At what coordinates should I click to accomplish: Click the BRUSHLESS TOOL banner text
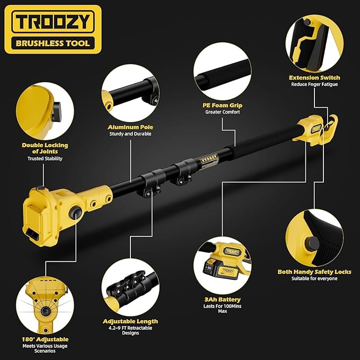[x=53, y=43]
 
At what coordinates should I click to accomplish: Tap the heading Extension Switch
[x=314, y=77]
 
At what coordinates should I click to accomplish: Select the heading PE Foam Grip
[x=222, y=106]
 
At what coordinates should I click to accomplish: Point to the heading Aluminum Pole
[x=130, y=127]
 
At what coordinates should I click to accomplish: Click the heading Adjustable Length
[x=130, y=321]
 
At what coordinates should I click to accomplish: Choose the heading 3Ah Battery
[x=223, y=300]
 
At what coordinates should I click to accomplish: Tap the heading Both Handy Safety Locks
[x=314, y=272]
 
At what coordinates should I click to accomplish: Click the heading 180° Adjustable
[x=45, y=339]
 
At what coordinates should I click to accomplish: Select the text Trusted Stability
[x=45, y=159]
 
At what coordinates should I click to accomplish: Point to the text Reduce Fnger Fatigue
[x=314, y=84]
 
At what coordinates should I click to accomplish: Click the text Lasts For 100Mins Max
[x=222, y=309]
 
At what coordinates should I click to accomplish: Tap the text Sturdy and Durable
[x=130, y=134]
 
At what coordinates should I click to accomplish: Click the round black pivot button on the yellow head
[x=75, y=212]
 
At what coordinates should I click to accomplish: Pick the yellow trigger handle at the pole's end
[x=315, y=130]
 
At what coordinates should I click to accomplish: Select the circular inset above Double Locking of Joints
[x=45, y=111]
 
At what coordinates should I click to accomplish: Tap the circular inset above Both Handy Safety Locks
[x=314, y=238]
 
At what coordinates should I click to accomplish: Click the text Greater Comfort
[x=223, y=112]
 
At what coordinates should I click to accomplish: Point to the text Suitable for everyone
[x=314, y=278]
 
